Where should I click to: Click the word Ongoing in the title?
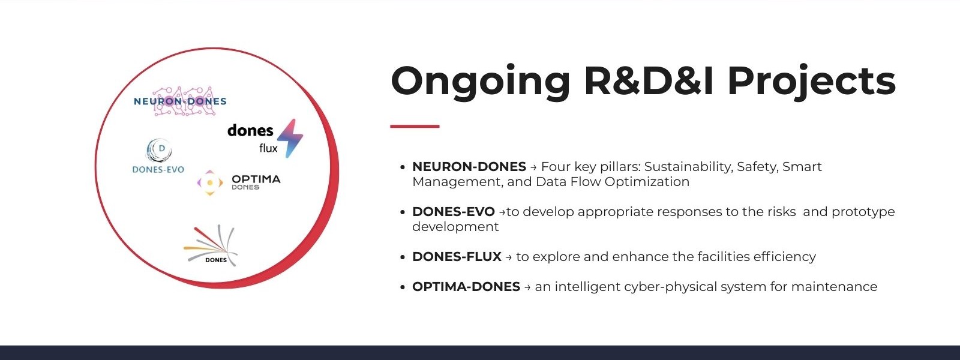click(x=481, y=82)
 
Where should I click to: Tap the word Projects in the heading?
click(x=812, y=82)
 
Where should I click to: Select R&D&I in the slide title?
click(x=649, y=80)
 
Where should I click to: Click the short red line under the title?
click(x=415, y=126)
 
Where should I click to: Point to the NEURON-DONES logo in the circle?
click(x=180, y=101)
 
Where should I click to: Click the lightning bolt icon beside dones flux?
click(x=290, y=138)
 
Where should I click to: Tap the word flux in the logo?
click(x=268, y=148)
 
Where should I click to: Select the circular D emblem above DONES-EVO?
click(x=160, y=151)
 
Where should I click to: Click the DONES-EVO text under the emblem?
click(x=158, y=170)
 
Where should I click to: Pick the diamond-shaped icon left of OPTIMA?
click(x=209, y=182)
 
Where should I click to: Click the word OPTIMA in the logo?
click(x=256, y=179)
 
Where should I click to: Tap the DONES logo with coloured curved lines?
click(x=211, y=245)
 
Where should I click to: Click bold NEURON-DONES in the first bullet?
click(x=469, y=166)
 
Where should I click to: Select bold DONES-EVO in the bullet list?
click(x=454, y=211)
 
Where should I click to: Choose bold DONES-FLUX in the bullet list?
click(x=457, y=256)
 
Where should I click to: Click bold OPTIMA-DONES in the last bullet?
click(x=466, y=286)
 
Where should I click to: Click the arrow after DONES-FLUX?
click(x=509, y=257)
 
